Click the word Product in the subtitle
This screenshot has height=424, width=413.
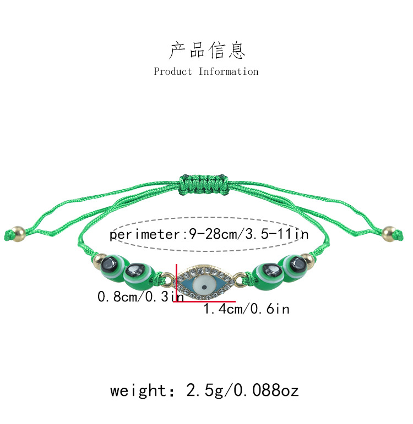tap(173, 71)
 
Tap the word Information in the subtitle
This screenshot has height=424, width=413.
tap(229, 71)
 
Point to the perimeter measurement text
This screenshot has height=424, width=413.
tap(209, 235)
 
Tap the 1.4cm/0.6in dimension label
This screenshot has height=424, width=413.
tap(246, 310)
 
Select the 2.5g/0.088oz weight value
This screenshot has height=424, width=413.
tap(243, 391)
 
